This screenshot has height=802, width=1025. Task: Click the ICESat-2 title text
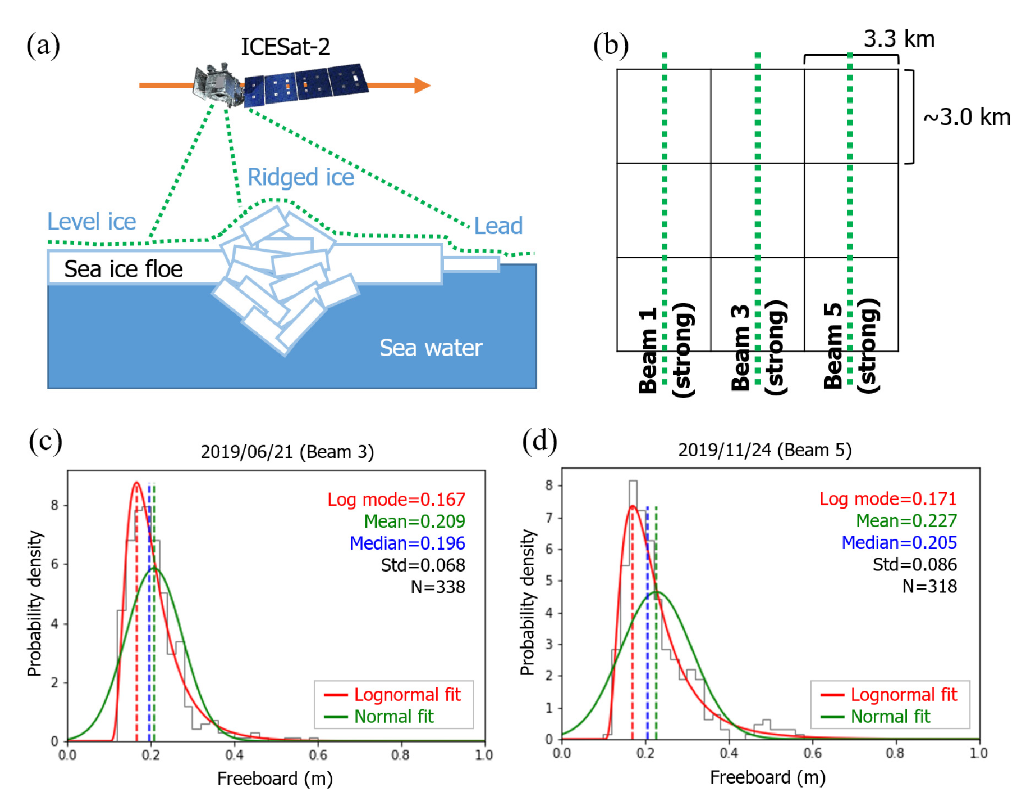click(285, 47)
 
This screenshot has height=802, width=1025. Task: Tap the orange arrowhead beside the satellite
click(422, 85)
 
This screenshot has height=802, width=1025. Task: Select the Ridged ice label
click(301, 178)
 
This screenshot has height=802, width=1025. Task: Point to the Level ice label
click(92, 222)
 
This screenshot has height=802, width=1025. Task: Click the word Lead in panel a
click(498, 226)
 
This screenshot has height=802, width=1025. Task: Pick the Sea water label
click(430, 348)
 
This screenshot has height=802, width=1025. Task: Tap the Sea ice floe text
click(123, 270)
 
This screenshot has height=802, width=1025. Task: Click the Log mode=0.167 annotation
click(396, 500)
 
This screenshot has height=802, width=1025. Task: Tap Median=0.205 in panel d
click(899, 543)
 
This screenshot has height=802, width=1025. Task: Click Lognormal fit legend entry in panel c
click(407, 694)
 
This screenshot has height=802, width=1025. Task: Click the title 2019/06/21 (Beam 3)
click(287, 452)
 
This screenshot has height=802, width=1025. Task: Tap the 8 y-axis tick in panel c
click(55, 506)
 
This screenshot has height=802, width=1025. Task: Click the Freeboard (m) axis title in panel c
click(275, 779)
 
